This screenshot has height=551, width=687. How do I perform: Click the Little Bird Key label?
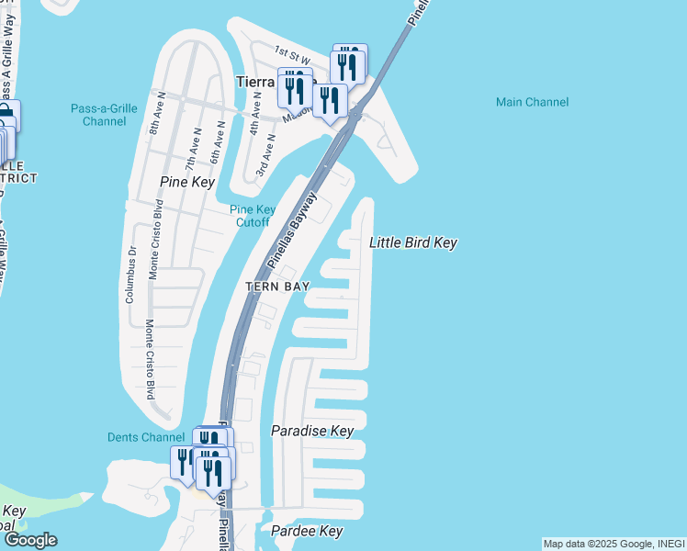412,243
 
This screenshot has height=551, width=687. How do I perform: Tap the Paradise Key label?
312,431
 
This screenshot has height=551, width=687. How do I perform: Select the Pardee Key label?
307,532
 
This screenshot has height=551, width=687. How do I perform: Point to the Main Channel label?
532,102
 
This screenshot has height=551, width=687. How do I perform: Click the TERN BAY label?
276,287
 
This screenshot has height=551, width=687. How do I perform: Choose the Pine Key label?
186,183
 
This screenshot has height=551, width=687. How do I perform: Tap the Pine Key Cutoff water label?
253,216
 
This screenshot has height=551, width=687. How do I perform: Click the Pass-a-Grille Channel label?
104,115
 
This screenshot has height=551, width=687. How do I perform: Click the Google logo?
29,540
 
